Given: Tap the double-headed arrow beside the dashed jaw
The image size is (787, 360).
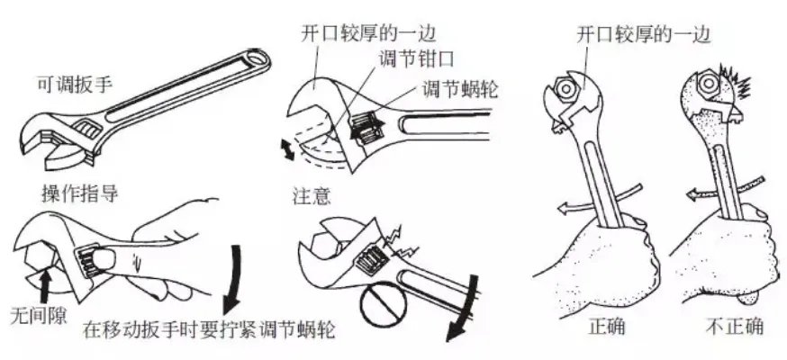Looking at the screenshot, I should point(287,150).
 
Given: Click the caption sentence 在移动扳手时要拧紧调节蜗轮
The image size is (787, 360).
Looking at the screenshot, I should point(209,329).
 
